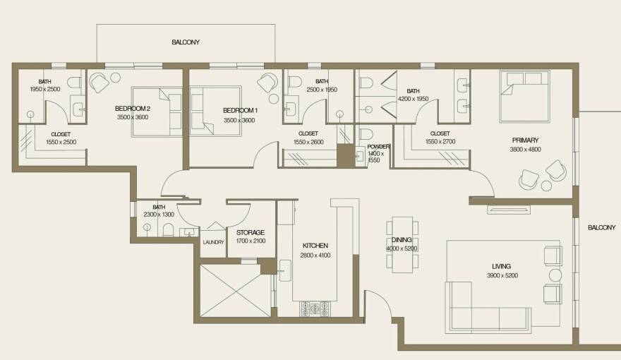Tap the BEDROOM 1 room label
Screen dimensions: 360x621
coord(240,111)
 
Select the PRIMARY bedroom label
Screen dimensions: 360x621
coord(525,140)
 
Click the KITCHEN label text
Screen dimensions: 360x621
coord(315,246)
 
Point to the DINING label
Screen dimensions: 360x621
coord(402,240)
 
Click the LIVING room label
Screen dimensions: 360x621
coord(501,266)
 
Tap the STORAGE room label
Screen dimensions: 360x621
coord(250,232)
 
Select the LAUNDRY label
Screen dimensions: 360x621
coord(213,242)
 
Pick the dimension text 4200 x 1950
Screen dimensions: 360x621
coord(413,100)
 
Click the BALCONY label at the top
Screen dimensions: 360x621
coord(186,42)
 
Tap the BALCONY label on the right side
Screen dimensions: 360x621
coord(601,227)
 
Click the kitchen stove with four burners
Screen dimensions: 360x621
coord(315,308)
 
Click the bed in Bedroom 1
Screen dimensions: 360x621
coord(214,112)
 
